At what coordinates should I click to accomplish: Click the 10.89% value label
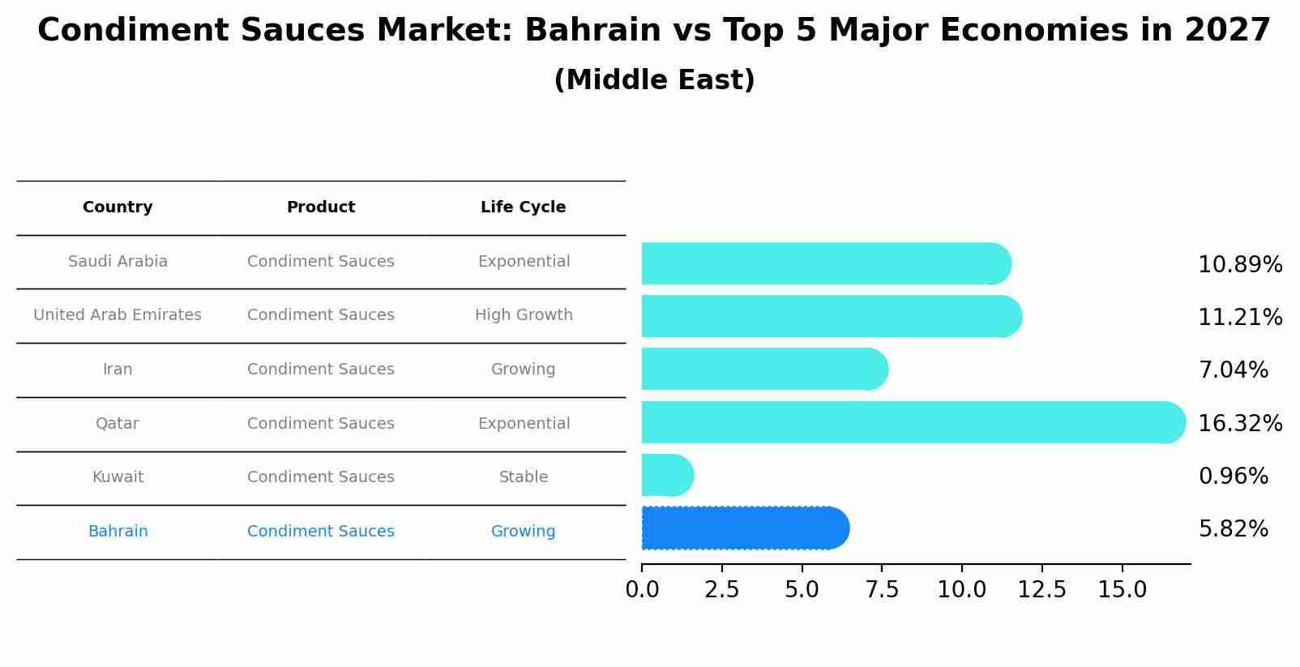click(1239, 265)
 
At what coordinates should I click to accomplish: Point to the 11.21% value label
click(1239, 318)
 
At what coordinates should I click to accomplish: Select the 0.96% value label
click(1233, 476)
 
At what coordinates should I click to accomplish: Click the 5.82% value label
click(1233, 529)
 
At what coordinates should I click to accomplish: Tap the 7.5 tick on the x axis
click(882, 590)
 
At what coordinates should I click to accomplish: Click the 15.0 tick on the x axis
click(1122, 590)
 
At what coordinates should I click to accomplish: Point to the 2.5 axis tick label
click(721, 590)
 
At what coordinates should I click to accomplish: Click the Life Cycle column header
click(523, 207)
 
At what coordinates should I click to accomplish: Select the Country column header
click(118, 207)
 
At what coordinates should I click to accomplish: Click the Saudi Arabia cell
click(118, 262)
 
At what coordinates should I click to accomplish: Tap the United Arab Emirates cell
click(118, 315)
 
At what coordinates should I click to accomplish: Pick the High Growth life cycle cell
click(523, 315)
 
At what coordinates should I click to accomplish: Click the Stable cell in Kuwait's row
click(523, 477)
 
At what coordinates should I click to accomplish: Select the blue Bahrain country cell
click(118, 532)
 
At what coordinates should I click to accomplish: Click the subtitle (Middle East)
click(654, 80)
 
